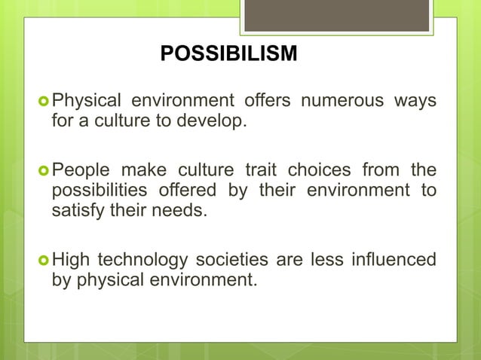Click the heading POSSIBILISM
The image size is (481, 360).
point(228,54)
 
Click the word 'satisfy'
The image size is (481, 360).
point(75,209)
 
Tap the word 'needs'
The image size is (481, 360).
point(179,209)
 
